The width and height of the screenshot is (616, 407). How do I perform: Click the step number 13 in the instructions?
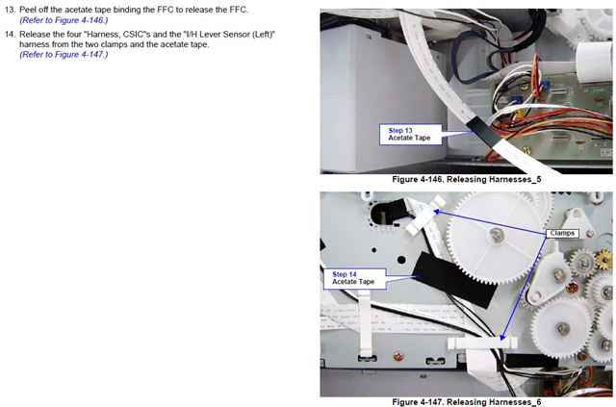pyautogui.click(x=9, y=10)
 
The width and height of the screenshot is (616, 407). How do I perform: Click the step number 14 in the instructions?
pyautogui.click(x=10, y=35)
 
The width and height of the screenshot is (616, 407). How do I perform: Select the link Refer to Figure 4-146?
pyautogui.click(x=64, y=20)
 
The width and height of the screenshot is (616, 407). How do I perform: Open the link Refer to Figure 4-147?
pyautogui.click(x=64, y=54)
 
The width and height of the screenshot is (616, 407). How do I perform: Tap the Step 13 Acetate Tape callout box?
pyautogui.click(x=411, y=135)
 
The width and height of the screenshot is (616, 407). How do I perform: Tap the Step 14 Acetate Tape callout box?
pyautogui.click(x=354, y=278)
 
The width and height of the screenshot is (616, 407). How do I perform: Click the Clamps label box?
pyautogui.click(x=562, y=234)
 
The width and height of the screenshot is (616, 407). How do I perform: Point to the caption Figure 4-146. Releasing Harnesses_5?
pyautogui.click(x=466, y=180)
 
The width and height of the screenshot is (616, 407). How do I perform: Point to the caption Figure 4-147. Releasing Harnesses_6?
pyautogui.click(x=466, y=402)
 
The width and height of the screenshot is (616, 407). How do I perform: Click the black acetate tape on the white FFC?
pyautogui.click(x=484, y=133)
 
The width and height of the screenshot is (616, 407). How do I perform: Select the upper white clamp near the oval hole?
pyautogui.click(x=424, y=216)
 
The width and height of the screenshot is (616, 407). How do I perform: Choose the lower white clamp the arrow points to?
pyautogui.click(x=482, y=343)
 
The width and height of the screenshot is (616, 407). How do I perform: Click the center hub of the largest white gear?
pyautogui.click(x=497, y=235)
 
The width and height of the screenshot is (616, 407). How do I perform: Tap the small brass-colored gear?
pyautogui.click(x=605, y=260)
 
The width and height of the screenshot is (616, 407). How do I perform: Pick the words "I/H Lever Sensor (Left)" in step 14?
pyautogui.click(x=229, y=35)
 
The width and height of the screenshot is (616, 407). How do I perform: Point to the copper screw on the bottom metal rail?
pyautogui.click(x=398, y=356)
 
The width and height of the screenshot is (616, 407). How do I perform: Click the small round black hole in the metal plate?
pyautogui.click(x=401, y=260)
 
